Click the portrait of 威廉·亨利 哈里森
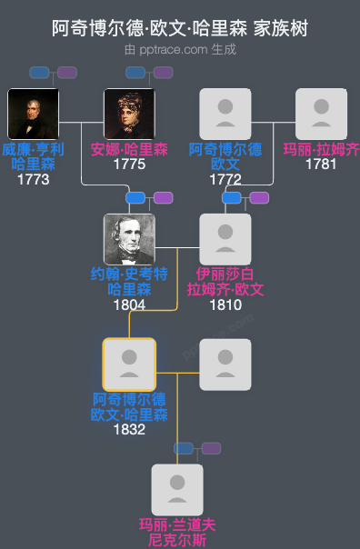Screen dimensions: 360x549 pos(33,114)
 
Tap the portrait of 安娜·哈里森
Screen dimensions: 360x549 pos(129,114)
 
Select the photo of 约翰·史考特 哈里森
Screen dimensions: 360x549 pos(129,239)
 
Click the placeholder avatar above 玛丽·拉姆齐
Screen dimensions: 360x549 pos(321,114)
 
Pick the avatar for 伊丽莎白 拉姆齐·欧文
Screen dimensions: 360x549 pos(225,239)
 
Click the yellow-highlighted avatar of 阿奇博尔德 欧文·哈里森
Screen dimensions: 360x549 pos(129,364)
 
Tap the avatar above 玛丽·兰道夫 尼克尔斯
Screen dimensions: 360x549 pos(177,490)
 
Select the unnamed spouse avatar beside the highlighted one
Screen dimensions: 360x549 pos(225,364)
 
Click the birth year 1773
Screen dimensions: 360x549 pos(33,180)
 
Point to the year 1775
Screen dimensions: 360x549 pos(129,165)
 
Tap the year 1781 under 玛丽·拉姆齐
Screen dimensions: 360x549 pos(321,165)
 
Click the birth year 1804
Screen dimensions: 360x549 pos(129,305)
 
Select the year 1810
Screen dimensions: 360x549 pos(225,305)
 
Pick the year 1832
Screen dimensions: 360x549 pos(129,430)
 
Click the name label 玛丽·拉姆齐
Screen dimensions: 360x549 pos(321,150)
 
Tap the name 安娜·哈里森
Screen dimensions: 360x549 pos(129,150)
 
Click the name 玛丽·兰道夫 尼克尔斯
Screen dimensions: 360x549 pos(177,532)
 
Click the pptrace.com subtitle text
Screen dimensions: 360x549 pos(180,49)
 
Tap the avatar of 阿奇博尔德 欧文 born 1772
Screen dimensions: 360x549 pos(225,114)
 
